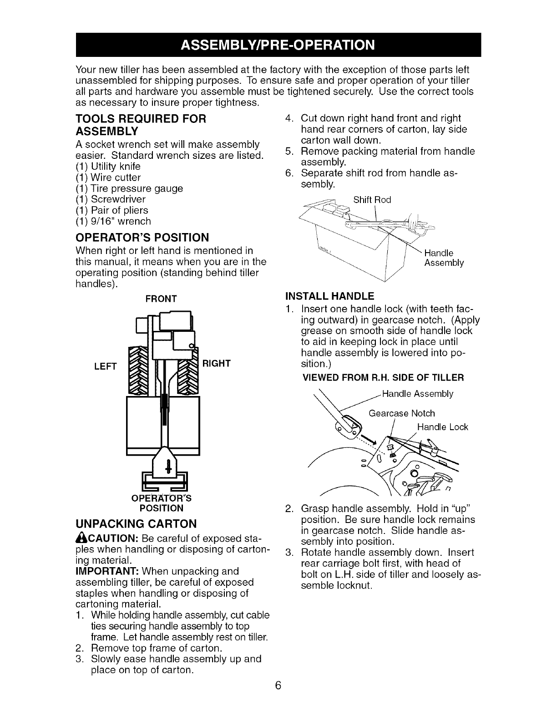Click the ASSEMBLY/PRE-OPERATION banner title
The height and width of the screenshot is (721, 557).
point(278,45)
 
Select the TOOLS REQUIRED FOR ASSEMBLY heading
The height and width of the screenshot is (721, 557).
point(141,125)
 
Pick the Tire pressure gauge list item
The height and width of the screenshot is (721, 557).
point(129,188)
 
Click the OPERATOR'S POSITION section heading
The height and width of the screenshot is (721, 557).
point(142,237)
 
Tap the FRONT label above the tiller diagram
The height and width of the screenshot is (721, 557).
point(161,299)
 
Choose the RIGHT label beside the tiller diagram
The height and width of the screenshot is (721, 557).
point(216,363)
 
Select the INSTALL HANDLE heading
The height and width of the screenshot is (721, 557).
point(329,296)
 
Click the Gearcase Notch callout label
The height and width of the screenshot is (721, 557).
point(401,413)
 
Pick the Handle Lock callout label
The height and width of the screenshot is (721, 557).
point(442,427)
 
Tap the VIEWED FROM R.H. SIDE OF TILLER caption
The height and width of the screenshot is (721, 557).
point(383,377)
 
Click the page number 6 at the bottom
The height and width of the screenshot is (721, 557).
point(279,698)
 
